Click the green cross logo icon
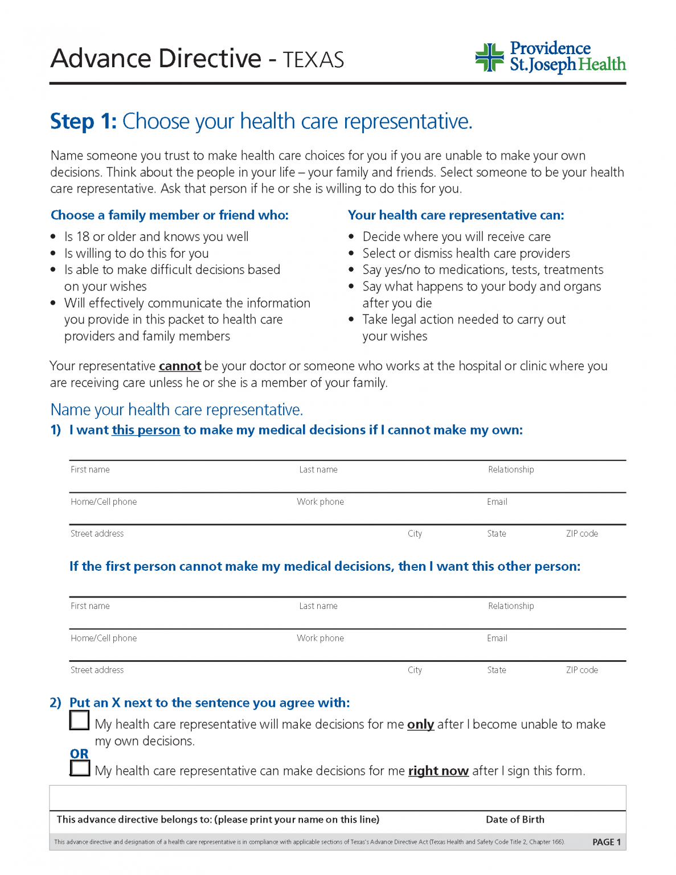pos(489,58)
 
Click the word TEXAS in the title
pos(313,60)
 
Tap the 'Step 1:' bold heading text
pos(83,121)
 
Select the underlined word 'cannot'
pos(180,366)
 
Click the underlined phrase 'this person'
pos(146,430)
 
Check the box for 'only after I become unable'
pos(80,720)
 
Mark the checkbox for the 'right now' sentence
pos(80,768)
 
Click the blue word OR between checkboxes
pos(79,754)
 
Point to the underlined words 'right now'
pos(438,771)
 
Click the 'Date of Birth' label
pos(515,819)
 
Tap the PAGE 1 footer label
pos(607,842)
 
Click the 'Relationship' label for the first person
pos(511,469)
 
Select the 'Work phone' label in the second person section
pos(320,638)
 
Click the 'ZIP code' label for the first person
pos(581,534)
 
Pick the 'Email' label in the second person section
pos(497,638)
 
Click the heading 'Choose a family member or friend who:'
pos(170,215)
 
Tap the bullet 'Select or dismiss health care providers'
pos(466,253)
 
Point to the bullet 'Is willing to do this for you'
pos(136,253)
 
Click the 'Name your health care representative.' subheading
pos(177,410)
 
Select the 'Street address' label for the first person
pos(97,534)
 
